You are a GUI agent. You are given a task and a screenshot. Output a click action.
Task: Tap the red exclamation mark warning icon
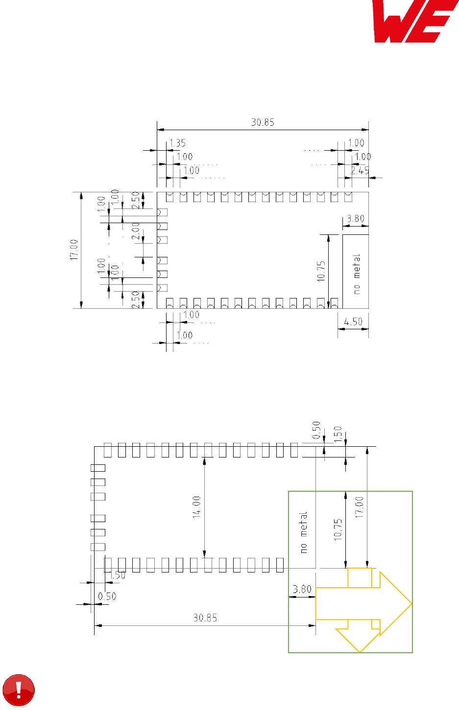coord(19,690)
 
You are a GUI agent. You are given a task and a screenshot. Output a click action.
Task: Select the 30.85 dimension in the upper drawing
coord(263,122)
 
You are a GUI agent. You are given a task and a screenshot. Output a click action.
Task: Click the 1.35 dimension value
coord(177,143)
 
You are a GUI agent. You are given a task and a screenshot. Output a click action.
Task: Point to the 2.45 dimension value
coord(360,171)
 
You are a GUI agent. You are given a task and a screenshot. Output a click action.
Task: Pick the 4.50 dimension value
coord(353,322)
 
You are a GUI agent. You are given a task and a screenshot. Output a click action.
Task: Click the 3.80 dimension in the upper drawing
coord(356,219)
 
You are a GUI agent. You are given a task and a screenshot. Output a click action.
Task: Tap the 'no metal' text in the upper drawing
coord(357,274)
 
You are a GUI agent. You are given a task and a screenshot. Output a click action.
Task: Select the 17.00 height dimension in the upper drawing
coord(74,250)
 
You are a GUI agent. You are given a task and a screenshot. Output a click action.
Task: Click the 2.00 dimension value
coord(136,231)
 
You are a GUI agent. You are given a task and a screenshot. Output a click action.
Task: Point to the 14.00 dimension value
coord(196,507)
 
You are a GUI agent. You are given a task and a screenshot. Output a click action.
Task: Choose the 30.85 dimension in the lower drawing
coord(205,618)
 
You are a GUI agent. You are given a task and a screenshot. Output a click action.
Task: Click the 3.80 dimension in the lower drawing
coord(302,590)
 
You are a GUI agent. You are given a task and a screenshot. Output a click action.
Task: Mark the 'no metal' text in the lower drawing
coord(304,532)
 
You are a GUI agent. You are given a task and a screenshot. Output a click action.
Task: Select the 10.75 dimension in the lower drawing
coord(338,529)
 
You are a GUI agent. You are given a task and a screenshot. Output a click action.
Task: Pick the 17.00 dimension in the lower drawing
coord(360,507)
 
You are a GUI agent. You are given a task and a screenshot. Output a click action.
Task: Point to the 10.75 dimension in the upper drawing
coord(321,271)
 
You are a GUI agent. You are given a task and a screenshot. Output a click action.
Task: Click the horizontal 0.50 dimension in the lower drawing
coord(107,596)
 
